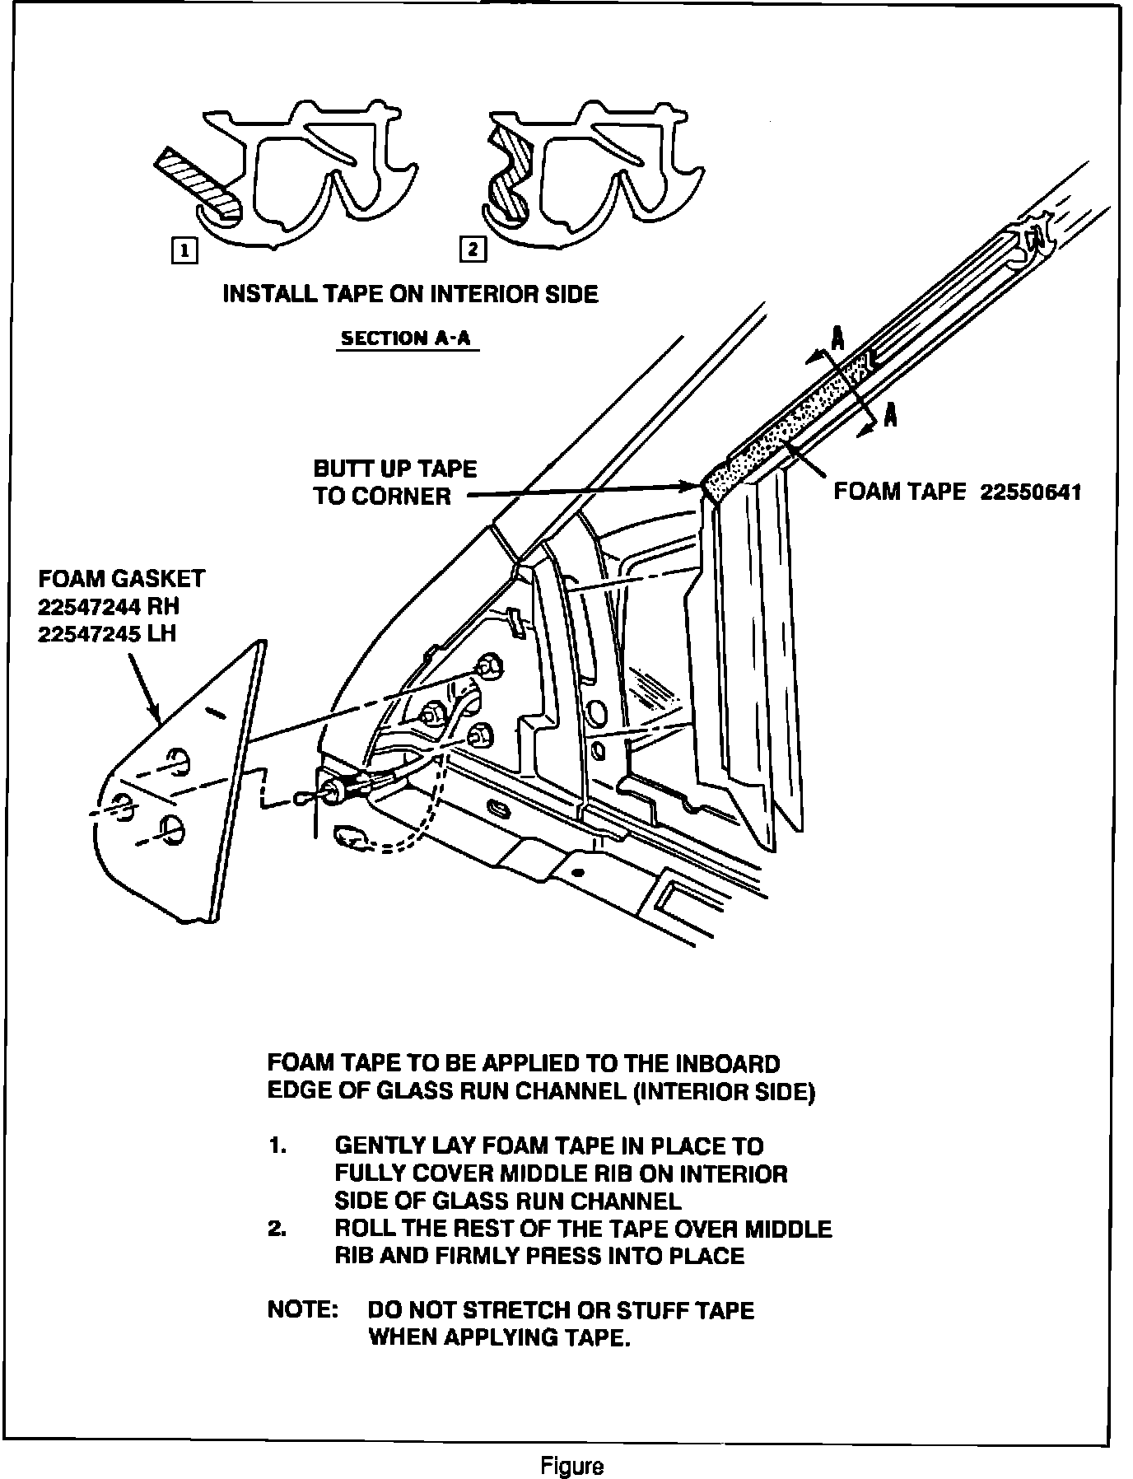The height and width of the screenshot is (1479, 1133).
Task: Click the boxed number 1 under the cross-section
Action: tap(184, 250)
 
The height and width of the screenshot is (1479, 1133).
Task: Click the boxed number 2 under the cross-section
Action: tap(473, 249)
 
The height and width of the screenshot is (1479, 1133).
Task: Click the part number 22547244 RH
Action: tap(108, 607)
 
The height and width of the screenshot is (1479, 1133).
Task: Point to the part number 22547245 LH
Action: tap(106, 634)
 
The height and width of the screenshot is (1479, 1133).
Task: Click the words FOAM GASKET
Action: tap(121, 579)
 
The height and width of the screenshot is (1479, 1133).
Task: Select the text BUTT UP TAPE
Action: tap(394, 469)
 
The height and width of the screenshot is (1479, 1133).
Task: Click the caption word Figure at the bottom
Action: tap(572, 1467)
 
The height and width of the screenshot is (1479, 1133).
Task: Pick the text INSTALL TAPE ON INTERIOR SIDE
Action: tap(410, 294)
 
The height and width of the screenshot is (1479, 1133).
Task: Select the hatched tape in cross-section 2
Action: tap(505, 177)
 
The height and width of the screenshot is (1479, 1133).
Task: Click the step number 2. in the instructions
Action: tap(277, 1229)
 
